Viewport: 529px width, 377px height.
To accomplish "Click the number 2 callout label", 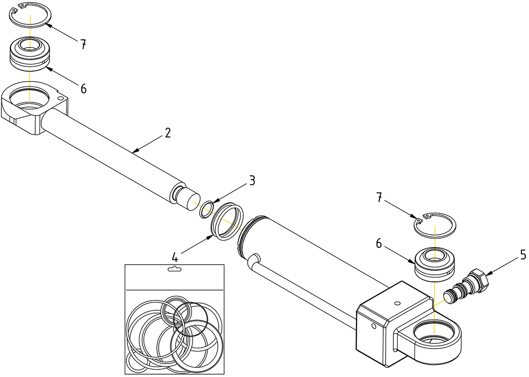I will (x=167, y=133).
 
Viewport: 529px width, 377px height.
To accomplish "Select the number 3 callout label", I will (x=252, y=181).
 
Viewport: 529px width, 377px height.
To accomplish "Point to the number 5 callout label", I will (x=523, y=256).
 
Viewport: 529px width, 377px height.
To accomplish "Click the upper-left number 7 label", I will (x=83, y=45).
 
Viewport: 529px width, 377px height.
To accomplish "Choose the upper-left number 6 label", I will (x=83, y=88).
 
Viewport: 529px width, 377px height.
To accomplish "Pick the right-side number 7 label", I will (x=379, y=198).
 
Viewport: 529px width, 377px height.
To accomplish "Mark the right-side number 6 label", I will (x=379, y=244).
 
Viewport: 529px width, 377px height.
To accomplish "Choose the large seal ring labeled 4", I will (x=227, y=221).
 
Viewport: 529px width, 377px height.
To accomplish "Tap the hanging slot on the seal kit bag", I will (x=174, y=269).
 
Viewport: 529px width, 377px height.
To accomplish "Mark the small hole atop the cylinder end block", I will (x=397, y=303).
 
